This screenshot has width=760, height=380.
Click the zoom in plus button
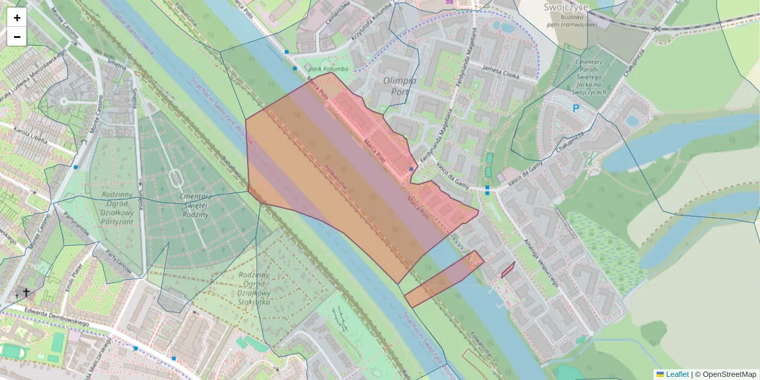click(x=17, y=18)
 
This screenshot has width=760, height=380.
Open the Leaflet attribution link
click(x=676, y=374)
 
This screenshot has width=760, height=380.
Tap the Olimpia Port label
click(x=400, y=85)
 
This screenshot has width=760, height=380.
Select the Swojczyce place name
click(x=566, y=7)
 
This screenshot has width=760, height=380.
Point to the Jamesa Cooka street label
click(x=500, y=72)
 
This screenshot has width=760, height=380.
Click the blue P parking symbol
click(x=576, y=108)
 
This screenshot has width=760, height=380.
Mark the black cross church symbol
click(x=26, y=292)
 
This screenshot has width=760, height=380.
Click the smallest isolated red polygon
click(x=507, y=270)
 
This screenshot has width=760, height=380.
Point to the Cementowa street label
click(x=337, y=19)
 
